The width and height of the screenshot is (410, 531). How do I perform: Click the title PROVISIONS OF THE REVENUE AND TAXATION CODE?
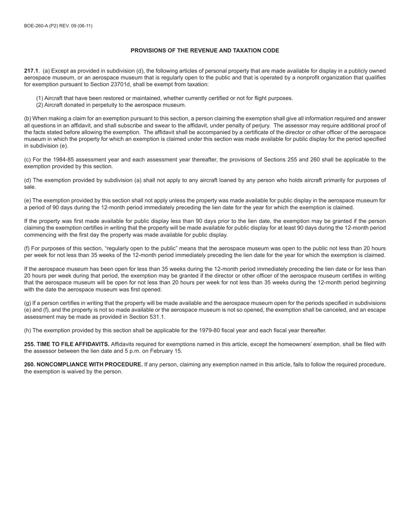(205, 51)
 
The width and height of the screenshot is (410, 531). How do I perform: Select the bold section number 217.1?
(31, 71)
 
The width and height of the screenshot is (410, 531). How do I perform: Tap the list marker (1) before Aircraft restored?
(39, 98)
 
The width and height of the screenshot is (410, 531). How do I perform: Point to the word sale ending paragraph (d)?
(29, 187)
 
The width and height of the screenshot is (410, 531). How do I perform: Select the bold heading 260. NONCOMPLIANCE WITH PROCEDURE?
(83, 365)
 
